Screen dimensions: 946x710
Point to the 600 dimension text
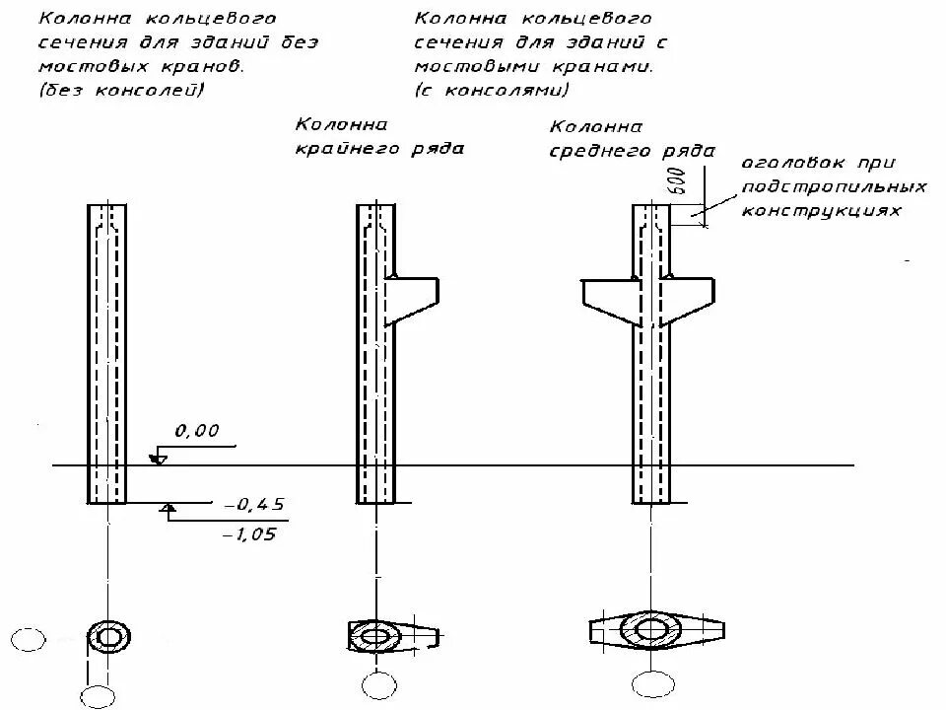(x=678, y=180)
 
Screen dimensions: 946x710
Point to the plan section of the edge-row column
(x=378, y=635)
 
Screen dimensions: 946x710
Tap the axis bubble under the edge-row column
(x=375, y=683)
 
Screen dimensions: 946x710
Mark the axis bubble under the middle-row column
(x=649, y=683)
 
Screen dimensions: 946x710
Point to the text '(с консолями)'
(x=492, y=90)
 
